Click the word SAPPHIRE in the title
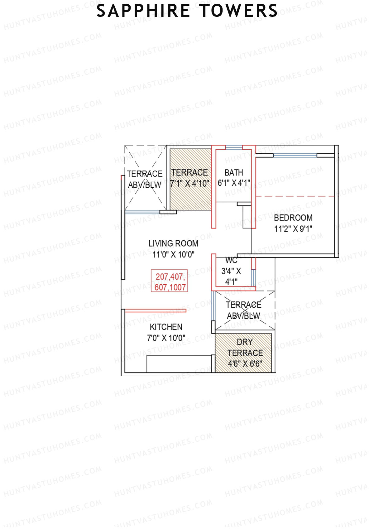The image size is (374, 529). (143, 11)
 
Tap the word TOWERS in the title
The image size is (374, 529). (238, 11)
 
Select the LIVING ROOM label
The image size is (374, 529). (173, 243)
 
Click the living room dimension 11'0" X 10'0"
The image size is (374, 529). (173, 254)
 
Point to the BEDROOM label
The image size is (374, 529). (293, 218)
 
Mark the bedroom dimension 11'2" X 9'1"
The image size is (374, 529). (293, 229)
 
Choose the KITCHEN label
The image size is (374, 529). (166, 327)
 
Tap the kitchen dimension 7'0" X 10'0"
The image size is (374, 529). (166, 338)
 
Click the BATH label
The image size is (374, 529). (234, 172)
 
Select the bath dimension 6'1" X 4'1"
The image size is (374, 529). (234, 183)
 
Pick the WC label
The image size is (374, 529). (231, 260)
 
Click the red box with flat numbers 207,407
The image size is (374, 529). (170, 281)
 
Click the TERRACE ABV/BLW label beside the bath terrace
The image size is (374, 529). (145, 179)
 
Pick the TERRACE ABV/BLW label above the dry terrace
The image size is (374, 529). (243, 310)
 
